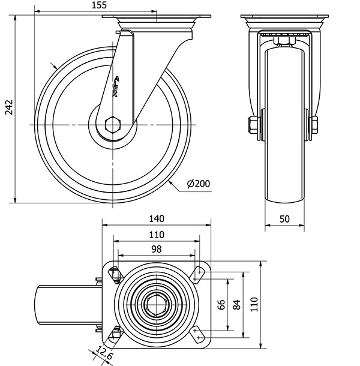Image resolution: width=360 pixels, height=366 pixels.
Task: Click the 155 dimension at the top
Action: (x=100, y=5)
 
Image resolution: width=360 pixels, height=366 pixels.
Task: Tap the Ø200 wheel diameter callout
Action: (x=199, y=184)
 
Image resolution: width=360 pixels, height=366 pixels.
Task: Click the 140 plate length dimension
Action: (x=157, y=219)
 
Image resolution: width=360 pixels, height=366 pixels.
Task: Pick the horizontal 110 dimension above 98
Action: (x=157, y=234)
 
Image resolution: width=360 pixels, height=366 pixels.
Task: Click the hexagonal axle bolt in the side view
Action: (x=112, y=125)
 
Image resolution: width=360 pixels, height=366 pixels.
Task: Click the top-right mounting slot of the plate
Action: (x=199, y=274)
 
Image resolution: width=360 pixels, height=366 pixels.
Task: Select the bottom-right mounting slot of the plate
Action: (x=199, y=334)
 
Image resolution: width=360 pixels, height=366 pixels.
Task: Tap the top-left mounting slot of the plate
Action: (x=115, y=274)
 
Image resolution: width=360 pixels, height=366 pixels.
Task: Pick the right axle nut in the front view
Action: (x=314, y=125)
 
